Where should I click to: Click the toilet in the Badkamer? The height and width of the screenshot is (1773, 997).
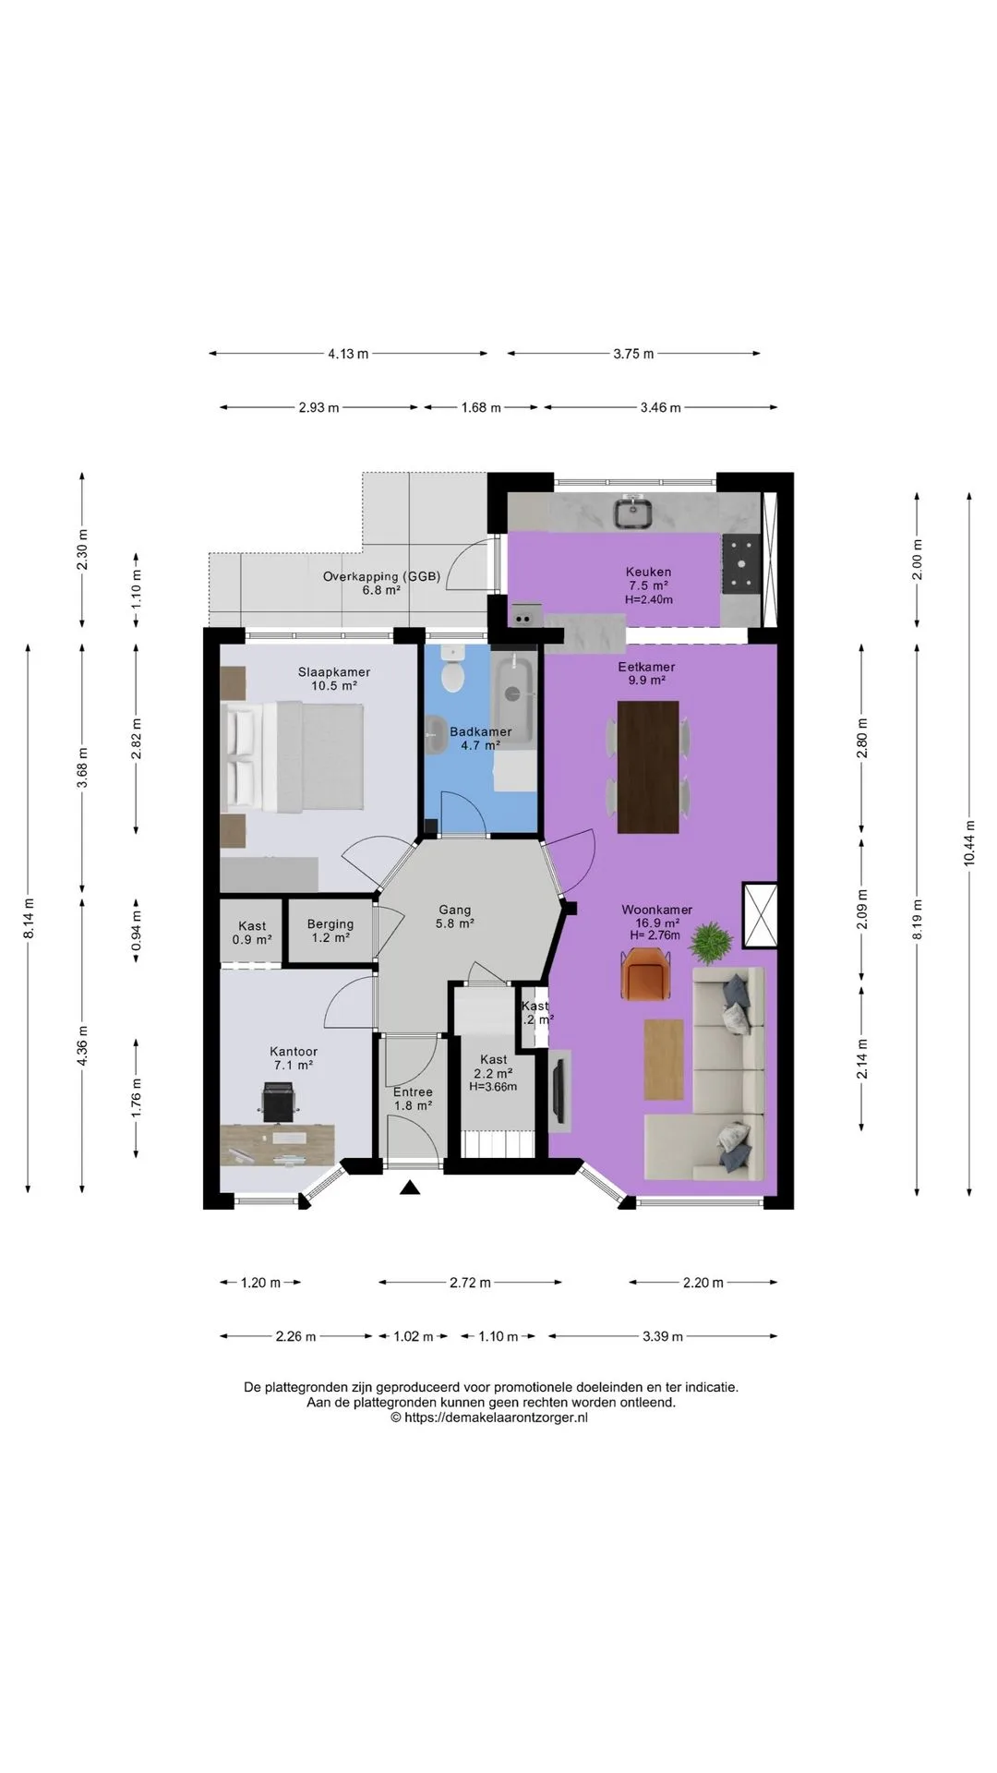[452, 670]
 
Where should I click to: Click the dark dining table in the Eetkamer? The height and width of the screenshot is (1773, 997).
[647, 766]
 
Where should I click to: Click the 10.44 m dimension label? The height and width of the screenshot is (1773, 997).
[968, 842]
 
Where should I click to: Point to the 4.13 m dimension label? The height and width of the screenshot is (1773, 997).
[348, 353]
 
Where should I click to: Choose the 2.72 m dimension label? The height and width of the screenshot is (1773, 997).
[470, 1282]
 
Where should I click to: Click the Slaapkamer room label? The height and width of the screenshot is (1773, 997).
[334, 672]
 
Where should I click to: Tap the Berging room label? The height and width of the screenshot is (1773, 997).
[330, 923]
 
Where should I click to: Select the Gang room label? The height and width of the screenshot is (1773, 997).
[454, 910]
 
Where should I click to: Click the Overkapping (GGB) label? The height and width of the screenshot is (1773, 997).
[381, 576]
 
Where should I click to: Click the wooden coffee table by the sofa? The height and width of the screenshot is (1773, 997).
[664, 1059]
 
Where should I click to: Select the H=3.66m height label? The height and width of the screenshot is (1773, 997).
[493, 1087]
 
